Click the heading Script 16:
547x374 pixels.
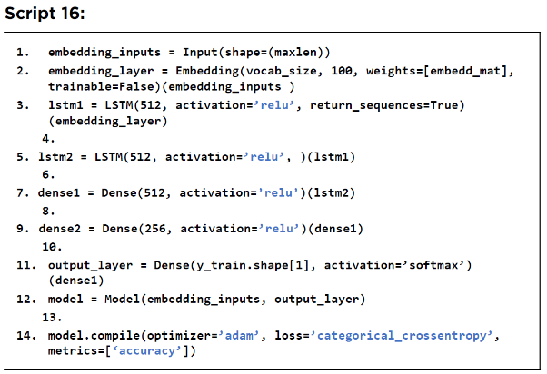[x=45, y=14]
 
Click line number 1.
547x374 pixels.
[x=23, y=53]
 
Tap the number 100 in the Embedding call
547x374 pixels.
[x=341, y=71]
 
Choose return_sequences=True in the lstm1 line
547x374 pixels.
[x=387, y=105]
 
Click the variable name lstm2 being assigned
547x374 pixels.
[x=55, y=157]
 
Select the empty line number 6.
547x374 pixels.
[x=48, y=174]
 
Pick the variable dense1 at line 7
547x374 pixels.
[x=59, y=192]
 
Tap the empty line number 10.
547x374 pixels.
[x=52, y=247]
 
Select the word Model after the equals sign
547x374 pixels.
[x=122, y=299]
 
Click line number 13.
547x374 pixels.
[x=52, y=317]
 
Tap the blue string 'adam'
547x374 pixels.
[x=239, y=335]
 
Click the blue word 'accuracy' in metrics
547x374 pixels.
[x=147, y=350]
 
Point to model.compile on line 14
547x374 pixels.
[x=94, y=335]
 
